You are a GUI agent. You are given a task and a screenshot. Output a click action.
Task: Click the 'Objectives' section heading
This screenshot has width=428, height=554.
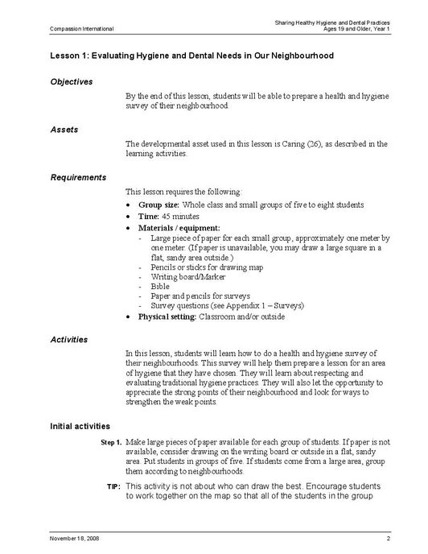[72, 81]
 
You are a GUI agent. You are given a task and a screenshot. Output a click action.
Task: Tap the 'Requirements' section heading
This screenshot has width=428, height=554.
[78, 176]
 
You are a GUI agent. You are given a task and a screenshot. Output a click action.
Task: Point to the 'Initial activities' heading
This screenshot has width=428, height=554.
[80, 425]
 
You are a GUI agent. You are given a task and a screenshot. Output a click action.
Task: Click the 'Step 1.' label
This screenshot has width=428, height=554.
[111, 443]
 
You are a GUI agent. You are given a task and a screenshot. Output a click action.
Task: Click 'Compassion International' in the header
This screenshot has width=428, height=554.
[82, 29]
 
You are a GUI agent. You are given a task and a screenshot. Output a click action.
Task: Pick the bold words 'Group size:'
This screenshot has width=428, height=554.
[159, 205]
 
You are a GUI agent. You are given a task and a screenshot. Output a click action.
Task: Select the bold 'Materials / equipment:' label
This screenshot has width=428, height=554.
[179, 228]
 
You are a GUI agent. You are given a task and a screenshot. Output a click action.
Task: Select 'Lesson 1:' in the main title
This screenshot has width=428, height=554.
[69, 56]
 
